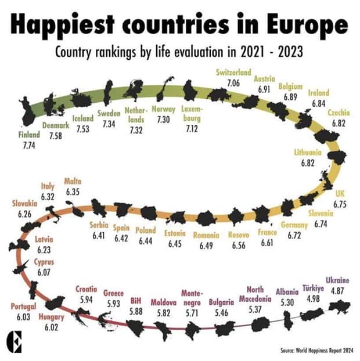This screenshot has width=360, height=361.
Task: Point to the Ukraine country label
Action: click(337, 280)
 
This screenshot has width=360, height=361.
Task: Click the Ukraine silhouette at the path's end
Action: click(339, 306)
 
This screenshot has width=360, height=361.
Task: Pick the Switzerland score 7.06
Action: click(233, 83)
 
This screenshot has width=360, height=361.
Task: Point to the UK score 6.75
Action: click(340, 204)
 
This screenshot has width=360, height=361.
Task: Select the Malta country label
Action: click(73, 181)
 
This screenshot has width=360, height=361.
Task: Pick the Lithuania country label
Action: click(308, 153)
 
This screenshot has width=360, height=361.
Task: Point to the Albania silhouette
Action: click(287, 320)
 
